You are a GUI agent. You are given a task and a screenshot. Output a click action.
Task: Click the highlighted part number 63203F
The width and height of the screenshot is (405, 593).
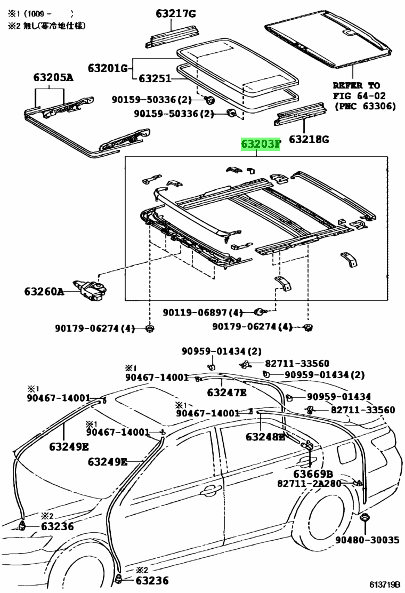pos(260,144)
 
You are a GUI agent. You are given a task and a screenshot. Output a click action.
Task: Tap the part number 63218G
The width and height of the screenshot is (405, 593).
pos(309,140)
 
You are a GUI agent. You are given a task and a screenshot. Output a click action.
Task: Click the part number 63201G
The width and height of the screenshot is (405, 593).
pos(108,68)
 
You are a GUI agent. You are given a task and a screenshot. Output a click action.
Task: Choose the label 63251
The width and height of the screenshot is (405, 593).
pos(155,79)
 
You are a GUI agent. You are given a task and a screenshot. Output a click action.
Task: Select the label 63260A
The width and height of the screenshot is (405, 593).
pos(44,292)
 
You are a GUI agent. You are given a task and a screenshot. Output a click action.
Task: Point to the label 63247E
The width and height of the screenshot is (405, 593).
pos(227,393)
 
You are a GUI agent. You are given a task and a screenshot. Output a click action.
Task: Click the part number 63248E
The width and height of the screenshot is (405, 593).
pos(265,437)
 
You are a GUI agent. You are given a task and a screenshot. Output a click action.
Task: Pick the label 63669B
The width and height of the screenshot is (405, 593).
pos(313,474)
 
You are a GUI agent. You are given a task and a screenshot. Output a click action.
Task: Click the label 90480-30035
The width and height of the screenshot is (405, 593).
pos(367,540)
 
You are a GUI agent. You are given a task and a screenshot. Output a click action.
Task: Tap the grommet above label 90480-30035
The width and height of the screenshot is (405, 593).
pos(366,518)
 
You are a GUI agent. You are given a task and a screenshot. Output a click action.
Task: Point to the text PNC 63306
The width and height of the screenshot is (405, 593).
pos(365,106)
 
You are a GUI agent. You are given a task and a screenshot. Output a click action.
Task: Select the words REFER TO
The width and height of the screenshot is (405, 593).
pos(357,85)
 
